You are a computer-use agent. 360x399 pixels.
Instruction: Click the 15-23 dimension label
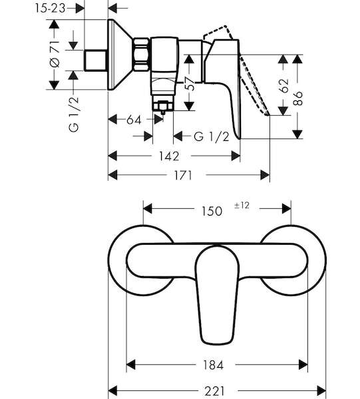[x=50, y=9]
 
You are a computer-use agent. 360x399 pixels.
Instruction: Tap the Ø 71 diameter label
[x=55, y=54]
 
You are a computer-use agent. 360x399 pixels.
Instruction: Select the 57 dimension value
[x=190, y=83]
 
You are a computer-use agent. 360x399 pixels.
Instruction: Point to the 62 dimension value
[x=283, y=86]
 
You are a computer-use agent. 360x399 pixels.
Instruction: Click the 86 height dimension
[x=297, y=98]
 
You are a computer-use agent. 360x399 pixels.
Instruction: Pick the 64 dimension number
[x=134, y=120]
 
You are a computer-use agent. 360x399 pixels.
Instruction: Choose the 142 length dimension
[x=169, y=156]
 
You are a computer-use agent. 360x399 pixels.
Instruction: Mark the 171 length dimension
[x=182, y=176]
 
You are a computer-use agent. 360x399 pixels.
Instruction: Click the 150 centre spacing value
[x=212, y=211]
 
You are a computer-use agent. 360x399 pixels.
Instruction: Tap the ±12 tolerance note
[x=242, y=205]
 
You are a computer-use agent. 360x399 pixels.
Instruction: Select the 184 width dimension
[x=213, y=365]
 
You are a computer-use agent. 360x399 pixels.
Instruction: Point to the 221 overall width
[x=214, y=390]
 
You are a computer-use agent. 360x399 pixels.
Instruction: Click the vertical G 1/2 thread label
[x=74, y=114]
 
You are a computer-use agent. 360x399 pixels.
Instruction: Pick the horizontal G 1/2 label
[x=212, y=136]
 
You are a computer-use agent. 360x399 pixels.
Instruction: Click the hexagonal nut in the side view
[x=141, y=55]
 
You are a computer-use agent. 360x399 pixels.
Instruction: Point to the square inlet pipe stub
[x=95, y=61]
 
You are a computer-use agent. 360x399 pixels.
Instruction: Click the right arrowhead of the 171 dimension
[x=265, y=176]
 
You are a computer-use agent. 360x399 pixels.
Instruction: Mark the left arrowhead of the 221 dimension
[x=112, y=390]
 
